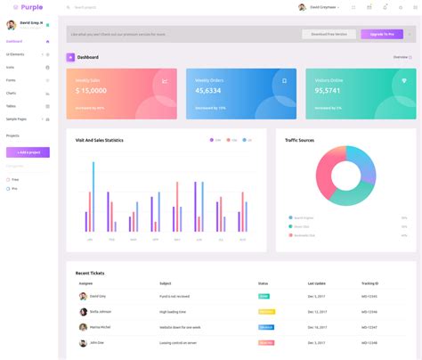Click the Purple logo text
click(32, 7)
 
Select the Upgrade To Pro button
click(381, 34)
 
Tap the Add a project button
click(28, 152)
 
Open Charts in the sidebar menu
click(12, 93)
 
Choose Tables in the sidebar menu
click(12, 105)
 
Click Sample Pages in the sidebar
click(17, 119)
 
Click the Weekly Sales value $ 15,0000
click(92, 90)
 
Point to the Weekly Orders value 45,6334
click(208, 90)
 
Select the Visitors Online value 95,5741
click(328, 90)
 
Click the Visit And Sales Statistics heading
click(100, 140)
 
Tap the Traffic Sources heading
click(299, 140)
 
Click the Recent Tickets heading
click(90, 273)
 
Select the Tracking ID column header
click(369, 283)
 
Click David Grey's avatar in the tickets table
click(83, 296)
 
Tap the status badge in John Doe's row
click(265, 342)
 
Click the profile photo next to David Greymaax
click(302, 7)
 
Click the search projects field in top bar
click(98, 7)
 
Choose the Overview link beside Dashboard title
click(402, 57)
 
